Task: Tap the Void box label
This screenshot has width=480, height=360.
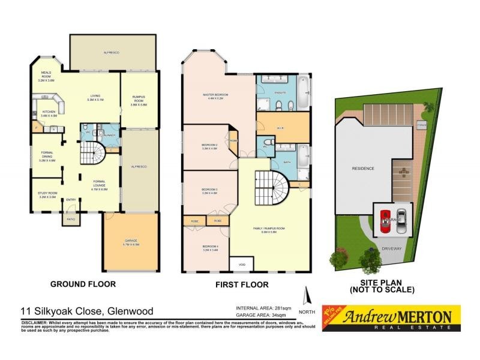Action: pyautogui.click(x=242, y=264)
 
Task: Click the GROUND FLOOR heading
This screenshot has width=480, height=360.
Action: pyautogui.click(x=83, y=284)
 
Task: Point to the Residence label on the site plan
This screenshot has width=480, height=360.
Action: pyautogui.click(x=363, y=169)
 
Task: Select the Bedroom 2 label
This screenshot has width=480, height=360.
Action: pyautogui.click(x=210, y=147)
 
